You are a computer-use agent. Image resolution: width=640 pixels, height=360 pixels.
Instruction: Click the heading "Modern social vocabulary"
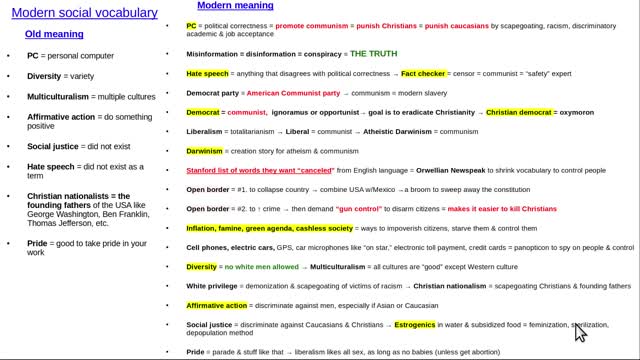pyautogui.click(x=91, y=13)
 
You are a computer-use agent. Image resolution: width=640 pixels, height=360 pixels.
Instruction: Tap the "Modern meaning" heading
pyautogui.click(x=234, y=6)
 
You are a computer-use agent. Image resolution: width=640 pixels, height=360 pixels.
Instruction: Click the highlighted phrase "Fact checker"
pyautogui.click(x=428, y=73)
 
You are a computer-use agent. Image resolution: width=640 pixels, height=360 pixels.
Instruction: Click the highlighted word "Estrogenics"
pyautogui.click(x=414, y=325)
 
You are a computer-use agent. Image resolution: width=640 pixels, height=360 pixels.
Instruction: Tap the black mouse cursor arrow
pyautogui.click(x=579, y=331)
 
